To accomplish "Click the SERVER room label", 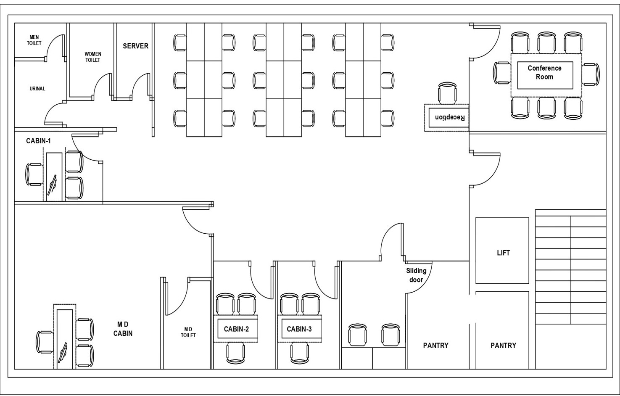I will click(135, 46).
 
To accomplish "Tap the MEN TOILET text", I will click(34, 40).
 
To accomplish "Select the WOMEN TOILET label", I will click(93, 57).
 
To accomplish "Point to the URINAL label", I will click(37, 89).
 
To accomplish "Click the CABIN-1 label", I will click(38, 141).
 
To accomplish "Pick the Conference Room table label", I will click(544, 73).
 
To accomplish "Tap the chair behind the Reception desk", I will click(447, 93).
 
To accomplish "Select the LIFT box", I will click(503, 252).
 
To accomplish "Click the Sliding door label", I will click(416, 275).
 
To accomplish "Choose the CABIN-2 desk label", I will click(236, 329).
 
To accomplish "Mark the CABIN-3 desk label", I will click(299, 329).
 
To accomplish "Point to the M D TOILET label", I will click(188, 332).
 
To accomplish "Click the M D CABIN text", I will click(123, 329).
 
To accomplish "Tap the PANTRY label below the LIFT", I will click(503, 346).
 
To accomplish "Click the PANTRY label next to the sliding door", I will click(435, 346).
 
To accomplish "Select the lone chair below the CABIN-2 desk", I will click(236, 353).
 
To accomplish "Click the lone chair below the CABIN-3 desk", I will click(299, 353).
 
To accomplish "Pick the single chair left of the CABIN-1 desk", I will click(34, 174).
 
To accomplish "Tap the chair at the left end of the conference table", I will click(502, 73).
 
